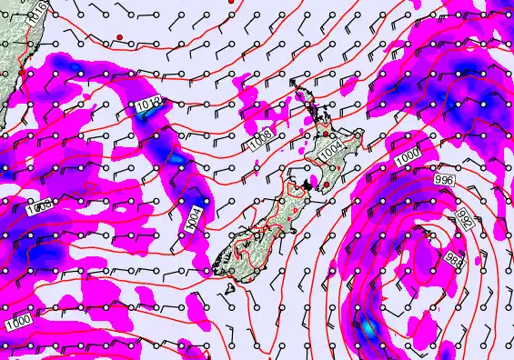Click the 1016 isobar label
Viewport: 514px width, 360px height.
tap(35, 12)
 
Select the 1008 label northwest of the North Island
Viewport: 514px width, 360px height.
tap(259, 142)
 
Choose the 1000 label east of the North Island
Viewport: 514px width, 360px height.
tap(408, 157)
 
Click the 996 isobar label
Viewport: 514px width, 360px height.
tap(444, 181)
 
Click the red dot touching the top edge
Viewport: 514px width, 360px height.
tap(232, 2)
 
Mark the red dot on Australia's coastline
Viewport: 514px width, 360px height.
tap(21, 72)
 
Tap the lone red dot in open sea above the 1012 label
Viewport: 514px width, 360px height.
tap(119, 36)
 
